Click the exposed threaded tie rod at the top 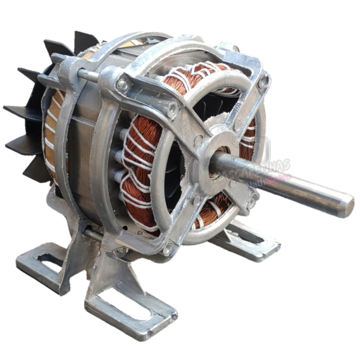pyautogui.click(x=88, y=75)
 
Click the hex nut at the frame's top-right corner pyautogui.click(x=262, y=82)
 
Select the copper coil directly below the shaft pyautogui.click(x=211, y=211)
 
